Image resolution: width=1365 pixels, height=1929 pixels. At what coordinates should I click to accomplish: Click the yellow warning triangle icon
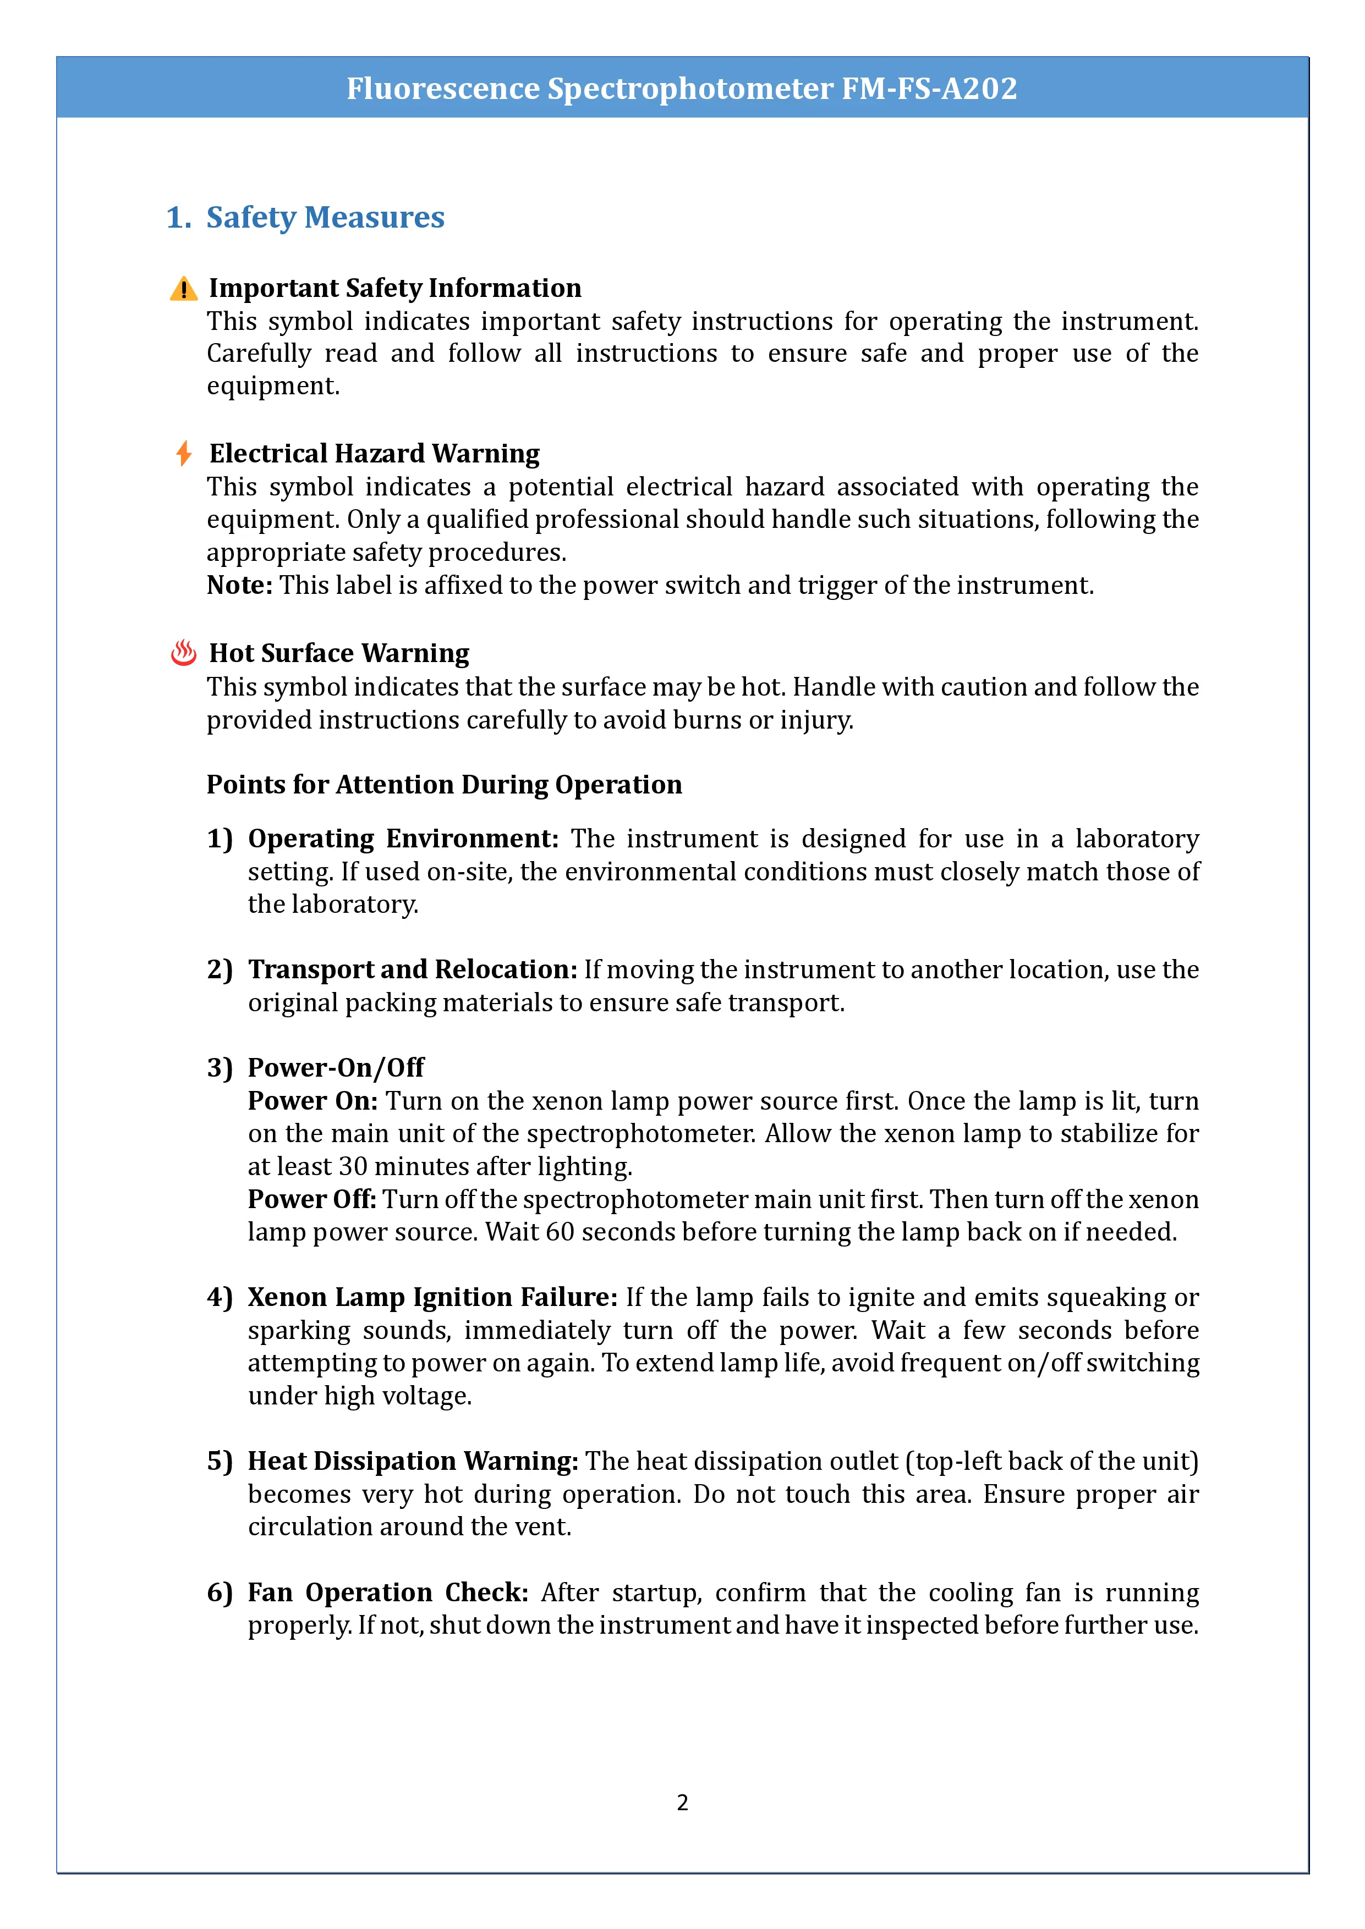click(x=183, y=289)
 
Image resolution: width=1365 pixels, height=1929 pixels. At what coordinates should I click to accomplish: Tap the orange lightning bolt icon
click(x=183, y=454)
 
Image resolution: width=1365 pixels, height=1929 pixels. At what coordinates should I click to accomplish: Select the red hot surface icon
click(x=183, y=653)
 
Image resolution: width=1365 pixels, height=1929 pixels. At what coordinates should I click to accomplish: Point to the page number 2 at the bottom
click(x=682, y=1802)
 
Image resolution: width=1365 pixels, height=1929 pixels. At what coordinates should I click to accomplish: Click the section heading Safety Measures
click(x=325, y=218)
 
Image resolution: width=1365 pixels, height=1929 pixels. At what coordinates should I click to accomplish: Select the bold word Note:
click(x=239, y=585)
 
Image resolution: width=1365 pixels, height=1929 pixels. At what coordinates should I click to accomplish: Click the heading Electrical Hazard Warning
click(x=374, y=454)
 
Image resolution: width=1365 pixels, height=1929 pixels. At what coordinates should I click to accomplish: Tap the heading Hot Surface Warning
click(x=339, y=653)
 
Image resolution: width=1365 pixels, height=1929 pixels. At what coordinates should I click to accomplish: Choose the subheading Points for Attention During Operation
click(x=444, y=784)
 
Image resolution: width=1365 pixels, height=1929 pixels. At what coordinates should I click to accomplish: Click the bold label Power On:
click(x=313, y=1101)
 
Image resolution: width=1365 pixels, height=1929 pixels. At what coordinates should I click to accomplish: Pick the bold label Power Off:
click(x=312, y=1199)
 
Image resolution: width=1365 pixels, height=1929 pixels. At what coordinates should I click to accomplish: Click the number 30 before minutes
click(x=353, y=1166)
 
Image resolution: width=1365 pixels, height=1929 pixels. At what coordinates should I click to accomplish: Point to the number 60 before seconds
click(x=560, y=1232)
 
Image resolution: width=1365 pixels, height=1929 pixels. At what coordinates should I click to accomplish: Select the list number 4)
click(x=220, y=1297)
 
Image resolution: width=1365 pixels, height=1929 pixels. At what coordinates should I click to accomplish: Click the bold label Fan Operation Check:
click(x=387, y=1592)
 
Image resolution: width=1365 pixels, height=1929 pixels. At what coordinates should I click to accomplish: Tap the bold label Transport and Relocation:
click(x=412, y=969)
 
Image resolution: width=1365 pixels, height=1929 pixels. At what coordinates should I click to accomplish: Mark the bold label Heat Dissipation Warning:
click(x=413, y=1461)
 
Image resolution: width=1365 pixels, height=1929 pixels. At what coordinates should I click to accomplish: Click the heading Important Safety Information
click(x=395, y=288)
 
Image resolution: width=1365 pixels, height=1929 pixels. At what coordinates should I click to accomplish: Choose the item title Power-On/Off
click(x=336, y=1068)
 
